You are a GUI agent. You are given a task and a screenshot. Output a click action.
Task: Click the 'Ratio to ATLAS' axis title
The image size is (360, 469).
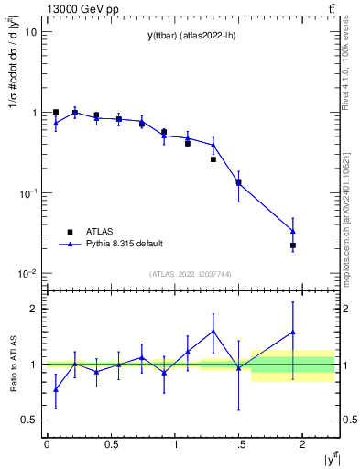click(x=12, y=365)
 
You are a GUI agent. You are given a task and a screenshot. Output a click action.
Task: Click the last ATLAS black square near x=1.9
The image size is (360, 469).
click(x=293, y=245)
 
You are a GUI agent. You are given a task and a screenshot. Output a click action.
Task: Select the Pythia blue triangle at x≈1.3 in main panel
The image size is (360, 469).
click(x=213, y=145)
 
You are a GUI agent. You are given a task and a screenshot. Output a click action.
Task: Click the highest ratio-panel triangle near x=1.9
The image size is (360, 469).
click(x=293, y=332)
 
